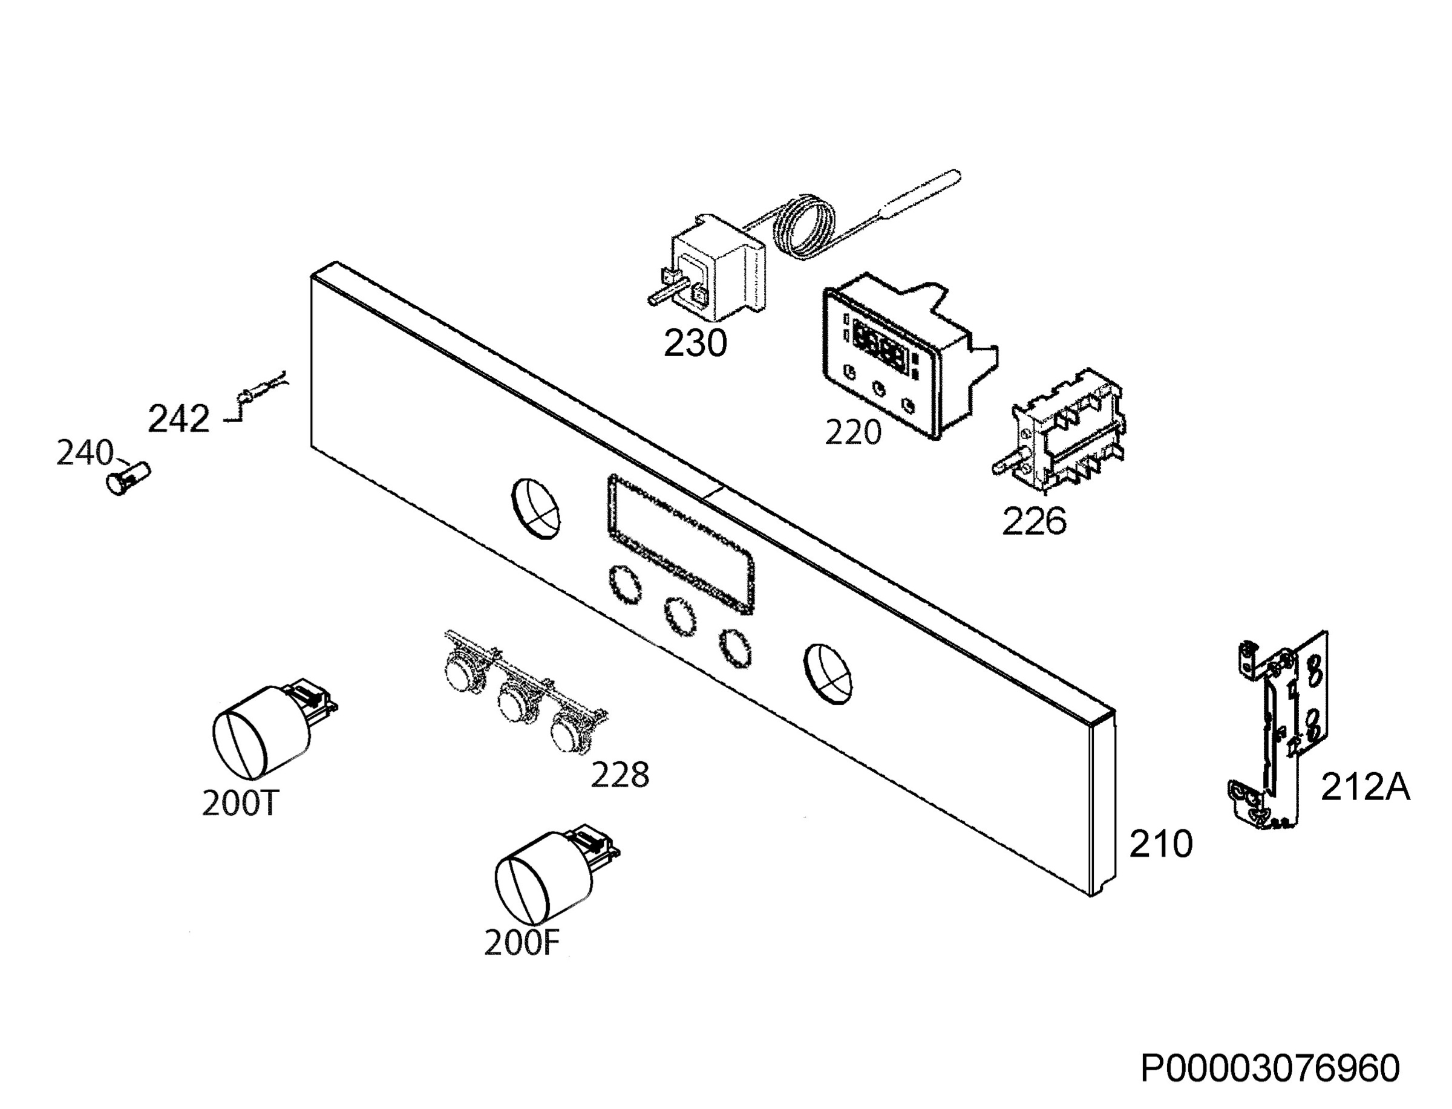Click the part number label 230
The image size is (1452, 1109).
point(695,343)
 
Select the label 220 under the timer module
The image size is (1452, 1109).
point(852,432)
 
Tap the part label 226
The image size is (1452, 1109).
point(1034,521)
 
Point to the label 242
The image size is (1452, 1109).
point(178,418)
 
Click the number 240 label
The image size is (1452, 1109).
point(85,453)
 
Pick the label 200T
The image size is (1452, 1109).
point(240,804)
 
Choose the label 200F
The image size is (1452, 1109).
point(522,943)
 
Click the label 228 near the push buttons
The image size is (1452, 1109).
point(620,775)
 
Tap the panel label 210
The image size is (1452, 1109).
point(1161,844)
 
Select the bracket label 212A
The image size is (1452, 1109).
point(1365,787)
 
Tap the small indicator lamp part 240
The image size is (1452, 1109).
point(129,478)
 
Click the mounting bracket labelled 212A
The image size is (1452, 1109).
point(1278,729)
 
